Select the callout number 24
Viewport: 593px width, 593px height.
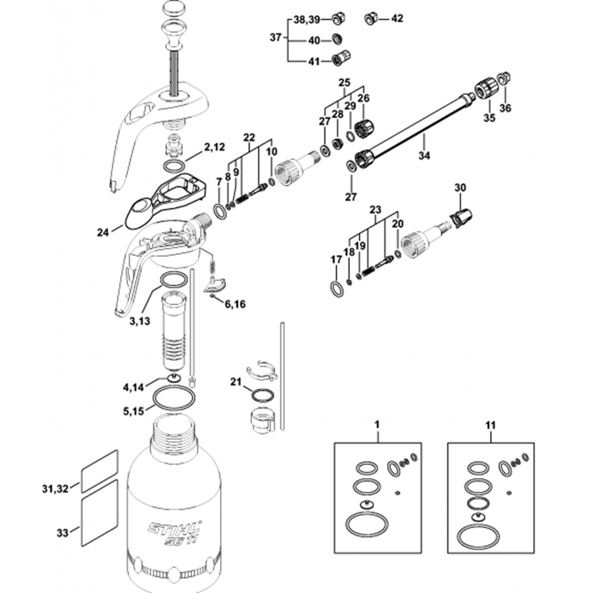(x=104, y=233)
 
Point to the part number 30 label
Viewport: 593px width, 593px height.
(x=461, y=187)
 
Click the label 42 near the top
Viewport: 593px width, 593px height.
(x=397, y=18)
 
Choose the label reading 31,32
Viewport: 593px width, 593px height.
(x=55, y=489)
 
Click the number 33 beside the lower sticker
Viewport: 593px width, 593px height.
(x=63, y=532)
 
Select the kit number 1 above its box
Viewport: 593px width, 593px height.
(x=378, y=425)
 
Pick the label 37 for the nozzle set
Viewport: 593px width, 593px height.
(x=275, y=38)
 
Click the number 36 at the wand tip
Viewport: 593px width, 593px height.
(x=505, y=108)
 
